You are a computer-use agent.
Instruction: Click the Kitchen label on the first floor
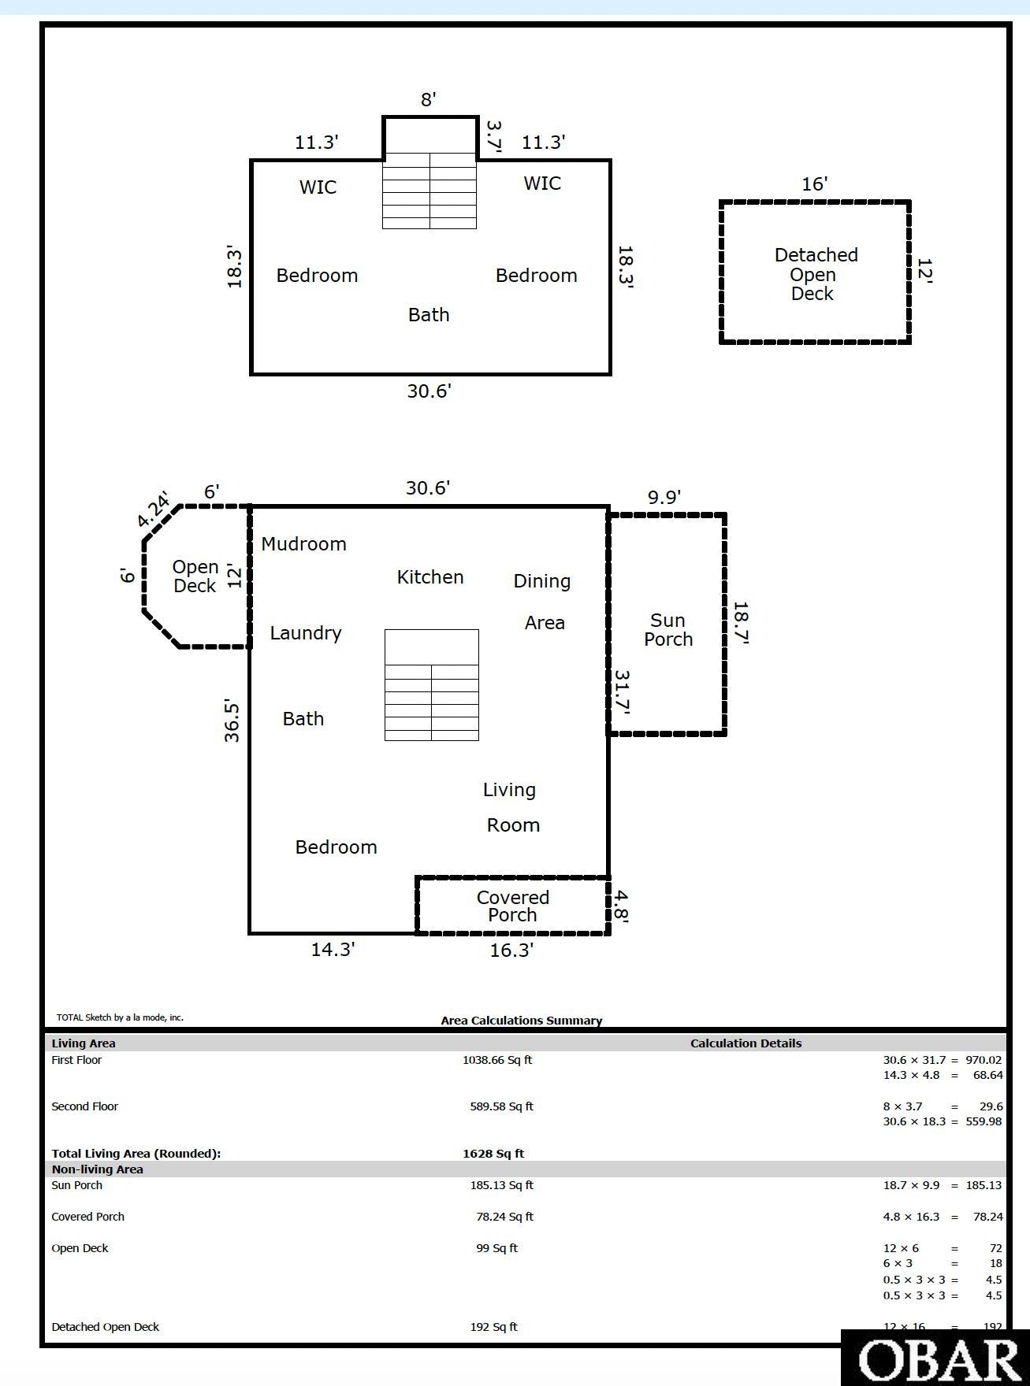point(429,577)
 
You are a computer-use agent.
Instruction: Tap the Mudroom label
point(303,544)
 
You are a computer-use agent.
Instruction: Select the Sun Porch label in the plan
point(667,630)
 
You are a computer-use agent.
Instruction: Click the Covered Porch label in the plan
point(512,906)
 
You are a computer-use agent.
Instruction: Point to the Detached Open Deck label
point(815,274)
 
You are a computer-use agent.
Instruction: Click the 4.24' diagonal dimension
point(154,510)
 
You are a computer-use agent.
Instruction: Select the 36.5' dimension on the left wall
point(232,720)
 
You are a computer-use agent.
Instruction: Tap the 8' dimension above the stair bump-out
point(428,100)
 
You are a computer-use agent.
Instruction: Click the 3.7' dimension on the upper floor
point(493,135)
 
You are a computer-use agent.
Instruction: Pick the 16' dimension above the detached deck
point(814,184)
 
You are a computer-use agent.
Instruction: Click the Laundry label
point(306,633)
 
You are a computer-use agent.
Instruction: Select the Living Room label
point(511,807)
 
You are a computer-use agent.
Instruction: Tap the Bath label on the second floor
point(429,315)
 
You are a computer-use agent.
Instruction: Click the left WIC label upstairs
point(318,187)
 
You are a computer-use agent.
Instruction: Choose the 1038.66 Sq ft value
point(497,1060)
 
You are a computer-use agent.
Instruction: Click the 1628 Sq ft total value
point(493,1154)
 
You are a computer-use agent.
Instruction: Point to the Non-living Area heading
point(98,1169)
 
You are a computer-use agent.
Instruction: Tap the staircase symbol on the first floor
point(431,685)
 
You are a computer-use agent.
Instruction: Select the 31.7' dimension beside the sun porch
point(622,692)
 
